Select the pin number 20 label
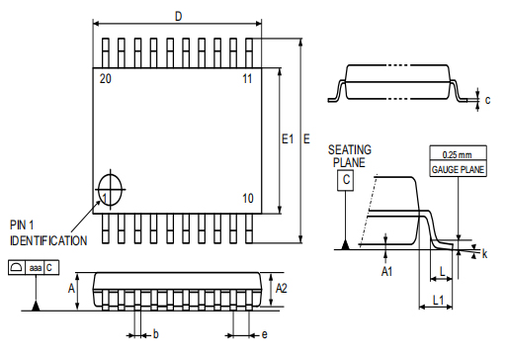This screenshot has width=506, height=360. (105, 78)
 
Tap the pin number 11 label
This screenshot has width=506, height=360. (247, 78)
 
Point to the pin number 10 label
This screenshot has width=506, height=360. (247, 199)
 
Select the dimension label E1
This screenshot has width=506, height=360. (288, 138)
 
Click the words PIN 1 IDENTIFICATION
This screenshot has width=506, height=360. (47, 233)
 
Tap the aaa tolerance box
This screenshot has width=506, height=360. (36, 267)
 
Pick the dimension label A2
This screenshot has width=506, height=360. (282, 288)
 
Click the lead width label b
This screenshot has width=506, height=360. (155, 334)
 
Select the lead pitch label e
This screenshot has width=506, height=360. (264, 334)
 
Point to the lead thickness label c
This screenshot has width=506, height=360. (487, 99)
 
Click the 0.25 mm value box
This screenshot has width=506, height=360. (457, 155)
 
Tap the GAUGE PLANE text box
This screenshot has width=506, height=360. (457, 170)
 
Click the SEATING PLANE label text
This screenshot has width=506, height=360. (350, 155)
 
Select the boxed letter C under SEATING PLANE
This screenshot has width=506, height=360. (346, 180)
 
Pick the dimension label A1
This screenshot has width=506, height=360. (388, 269)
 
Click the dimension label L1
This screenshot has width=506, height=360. (437, 297)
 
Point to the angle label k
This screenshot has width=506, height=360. (485, 254)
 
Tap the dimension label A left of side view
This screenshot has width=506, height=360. (71, 288)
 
